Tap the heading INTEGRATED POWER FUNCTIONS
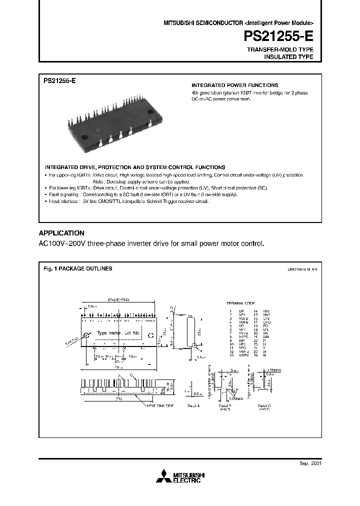[x=235, y=85]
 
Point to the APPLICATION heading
[x=61, y=233]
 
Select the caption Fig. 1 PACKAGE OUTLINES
[x=77, y=268]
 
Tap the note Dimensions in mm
[x=302, y=269]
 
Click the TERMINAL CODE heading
[x=241, y=303]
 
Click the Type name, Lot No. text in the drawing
[x=119, y=333]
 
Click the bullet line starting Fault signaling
[x=142, y=194]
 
